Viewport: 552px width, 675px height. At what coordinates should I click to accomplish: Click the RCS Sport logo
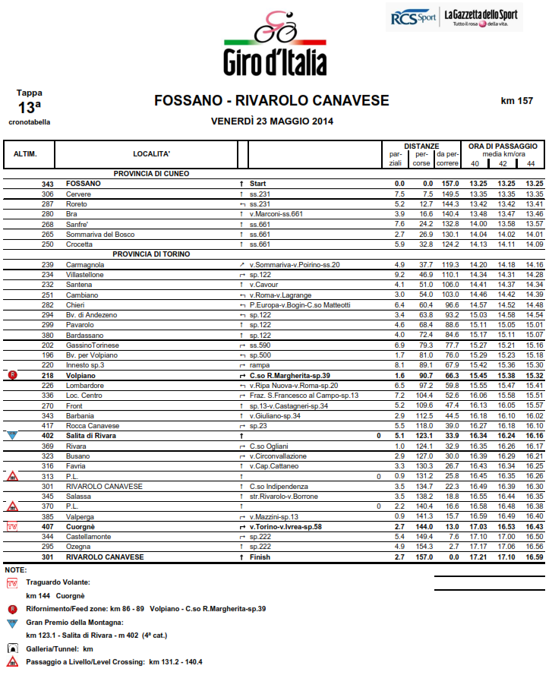pos(412,17)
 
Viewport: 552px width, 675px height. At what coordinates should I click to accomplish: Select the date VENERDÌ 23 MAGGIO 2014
pos(272,121)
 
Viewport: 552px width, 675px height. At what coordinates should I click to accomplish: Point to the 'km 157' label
pos(517,101)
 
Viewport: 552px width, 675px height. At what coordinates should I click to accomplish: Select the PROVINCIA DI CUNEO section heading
pos(151,174)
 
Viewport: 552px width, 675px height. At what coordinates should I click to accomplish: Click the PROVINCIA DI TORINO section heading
pos(151,254)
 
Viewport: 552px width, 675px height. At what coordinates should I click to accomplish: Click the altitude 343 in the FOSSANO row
pos(48,184)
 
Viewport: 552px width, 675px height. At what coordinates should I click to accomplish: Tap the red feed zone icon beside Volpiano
pos(12,375)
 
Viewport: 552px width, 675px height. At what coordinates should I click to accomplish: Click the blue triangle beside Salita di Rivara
pos(12,436)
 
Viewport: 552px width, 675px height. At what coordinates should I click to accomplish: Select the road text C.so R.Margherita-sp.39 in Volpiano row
pos(290,375)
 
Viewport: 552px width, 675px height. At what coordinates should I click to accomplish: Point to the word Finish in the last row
pos(260,557)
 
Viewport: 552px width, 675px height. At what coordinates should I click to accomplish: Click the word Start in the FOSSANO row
pos(258,184)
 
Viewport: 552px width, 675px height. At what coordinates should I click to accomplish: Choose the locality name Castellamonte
pos(90,536)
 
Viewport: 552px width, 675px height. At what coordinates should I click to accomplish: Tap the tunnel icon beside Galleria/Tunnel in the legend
pos(12,649)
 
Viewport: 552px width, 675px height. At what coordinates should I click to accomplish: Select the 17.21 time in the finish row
pos(478,557)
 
